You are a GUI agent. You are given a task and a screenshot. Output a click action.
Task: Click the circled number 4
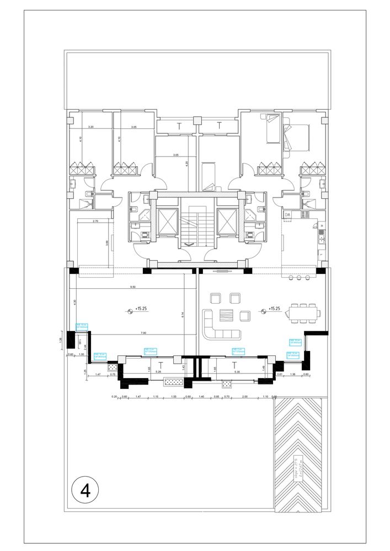pyautogui.click(x=85, y=489)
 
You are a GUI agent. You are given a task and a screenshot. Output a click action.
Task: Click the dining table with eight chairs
pyautogui.click(x=302, y=312)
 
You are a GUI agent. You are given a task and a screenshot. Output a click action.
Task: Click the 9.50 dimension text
pyautogui.click(x=132, y=287)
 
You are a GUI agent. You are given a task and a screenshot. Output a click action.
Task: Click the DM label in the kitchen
pyautogui.click(x=287, y=214)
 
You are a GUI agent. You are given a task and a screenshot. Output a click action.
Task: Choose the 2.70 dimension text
pyautogui.click(x=95, y=221)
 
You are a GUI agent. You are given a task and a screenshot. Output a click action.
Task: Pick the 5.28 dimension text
pyautogui.click(x=158, y=372)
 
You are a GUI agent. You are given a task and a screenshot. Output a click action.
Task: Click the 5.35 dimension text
pyautogui.click(x=237, y=372)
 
